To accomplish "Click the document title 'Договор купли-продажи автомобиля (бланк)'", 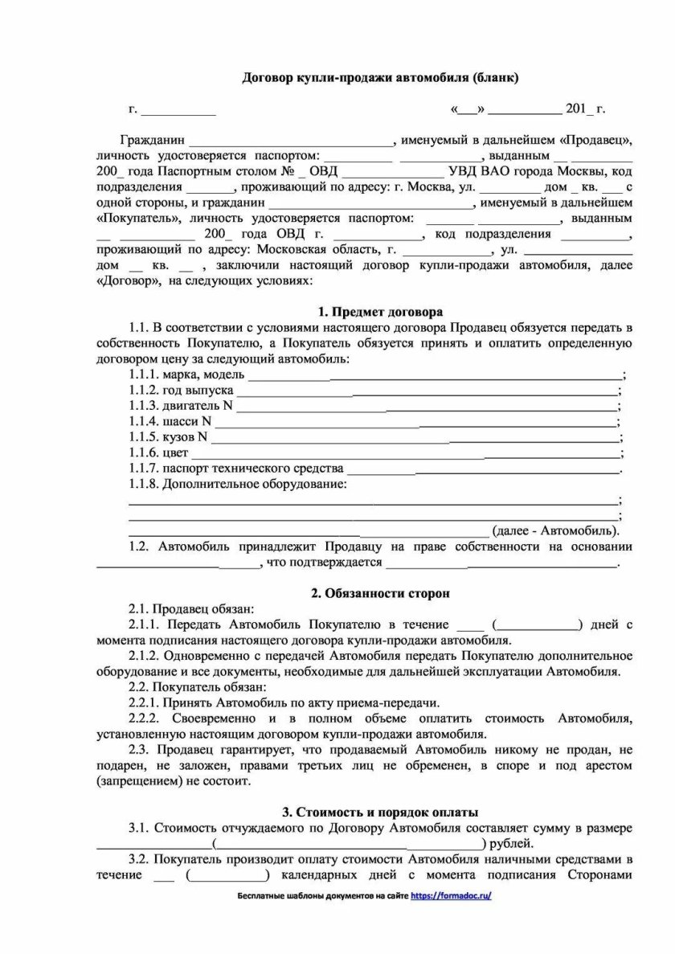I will tap(381, 78).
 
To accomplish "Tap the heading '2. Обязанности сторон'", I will tap(380, 593).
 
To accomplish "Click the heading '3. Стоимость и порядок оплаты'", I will tap(380, 813).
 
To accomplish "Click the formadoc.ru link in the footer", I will tap(451, 895).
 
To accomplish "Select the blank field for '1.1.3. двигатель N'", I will tap(427, 407).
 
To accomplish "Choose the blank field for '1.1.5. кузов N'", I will tap(414, 438).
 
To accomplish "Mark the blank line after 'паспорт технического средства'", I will tap(482, 469).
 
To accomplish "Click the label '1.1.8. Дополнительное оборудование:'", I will tap(239, 484).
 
